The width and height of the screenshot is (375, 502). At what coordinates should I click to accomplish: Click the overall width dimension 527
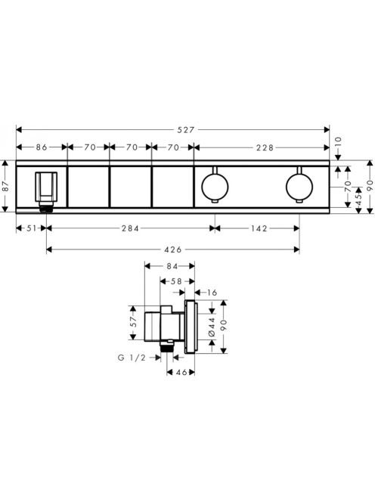click(186, 130)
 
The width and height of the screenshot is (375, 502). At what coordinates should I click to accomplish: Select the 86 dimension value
click(42, 147)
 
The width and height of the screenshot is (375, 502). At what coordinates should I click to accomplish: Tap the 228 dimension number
click(265, 147)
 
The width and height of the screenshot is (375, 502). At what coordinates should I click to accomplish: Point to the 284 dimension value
click(130, 228)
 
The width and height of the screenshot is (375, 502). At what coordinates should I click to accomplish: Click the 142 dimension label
click(259, 228)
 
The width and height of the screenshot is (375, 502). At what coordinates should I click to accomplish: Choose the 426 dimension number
click(173, 249)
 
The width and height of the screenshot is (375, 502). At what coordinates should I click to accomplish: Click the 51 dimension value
click(32, 228)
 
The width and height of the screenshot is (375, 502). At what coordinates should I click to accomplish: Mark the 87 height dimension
click(5, 186)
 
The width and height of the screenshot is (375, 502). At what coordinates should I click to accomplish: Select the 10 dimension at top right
click(338, 142)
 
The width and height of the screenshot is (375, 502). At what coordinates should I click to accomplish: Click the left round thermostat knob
click(215, 186)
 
